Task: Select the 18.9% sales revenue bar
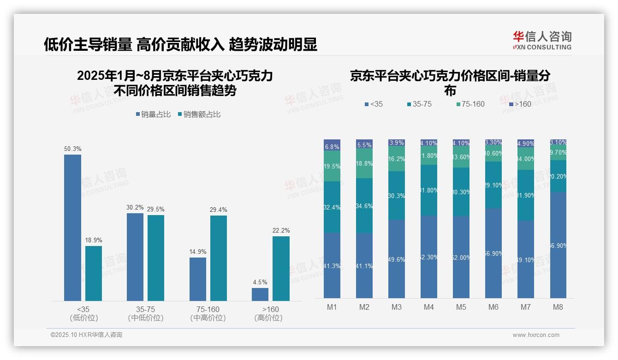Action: (94, 273)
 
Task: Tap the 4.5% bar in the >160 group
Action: (260, 294)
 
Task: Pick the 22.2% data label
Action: (281, 230)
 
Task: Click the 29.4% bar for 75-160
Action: (219, 258)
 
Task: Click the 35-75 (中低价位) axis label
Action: (146, 313)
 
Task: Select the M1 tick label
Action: (332, 307)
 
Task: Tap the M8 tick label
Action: (558, 307)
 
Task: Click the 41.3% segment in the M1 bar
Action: (332, 265)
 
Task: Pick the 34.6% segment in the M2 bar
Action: (364, 205)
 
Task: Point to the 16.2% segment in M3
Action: (397, 159)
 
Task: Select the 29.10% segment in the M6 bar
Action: (493, 185)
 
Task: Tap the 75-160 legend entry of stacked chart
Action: (470, 104)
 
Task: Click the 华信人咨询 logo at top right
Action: (542, 40)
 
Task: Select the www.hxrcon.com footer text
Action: (536, 335)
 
